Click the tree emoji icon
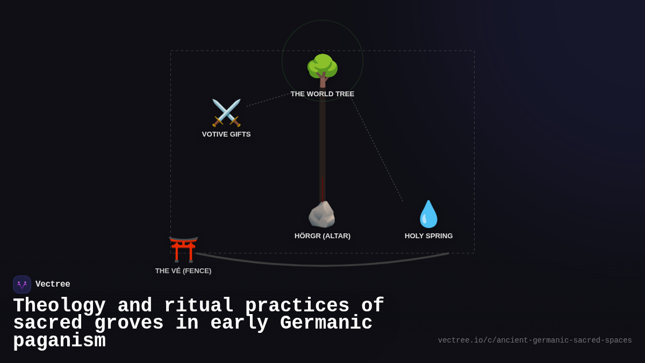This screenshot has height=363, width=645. coord(322,70)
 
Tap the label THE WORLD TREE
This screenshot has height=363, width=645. coord(322,94)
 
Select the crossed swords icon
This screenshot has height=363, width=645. coord(226,112)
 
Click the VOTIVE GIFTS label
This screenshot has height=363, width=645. coord(226,134)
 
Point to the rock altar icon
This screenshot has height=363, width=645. coord(322,214)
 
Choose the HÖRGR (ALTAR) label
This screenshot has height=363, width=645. coord(322,236)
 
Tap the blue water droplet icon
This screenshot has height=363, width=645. coord(429,214)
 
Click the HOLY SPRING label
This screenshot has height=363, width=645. coord(429,236)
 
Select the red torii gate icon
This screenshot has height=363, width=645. coord(183,249)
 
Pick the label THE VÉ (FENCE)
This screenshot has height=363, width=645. coord(183,271)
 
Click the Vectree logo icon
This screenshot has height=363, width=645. coord(22,284)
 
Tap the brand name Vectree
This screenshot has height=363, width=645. coord(53,284)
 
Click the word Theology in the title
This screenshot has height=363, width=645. coord(59,305)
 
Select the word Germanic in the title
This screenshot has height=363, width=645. coord(326,323)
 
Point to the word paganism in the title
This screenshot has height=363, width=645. coord(59,341)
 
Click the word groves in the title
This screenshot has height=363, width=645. coord(129,323)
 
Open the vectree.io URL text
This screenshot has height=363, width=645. coord(535,340)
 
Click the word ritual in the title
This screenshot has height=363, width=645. coord(199,305)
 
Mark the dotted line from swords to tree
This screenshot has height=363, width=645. coord(268,100)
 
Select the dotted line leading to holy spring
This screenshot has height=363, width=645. coord(377,150)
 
